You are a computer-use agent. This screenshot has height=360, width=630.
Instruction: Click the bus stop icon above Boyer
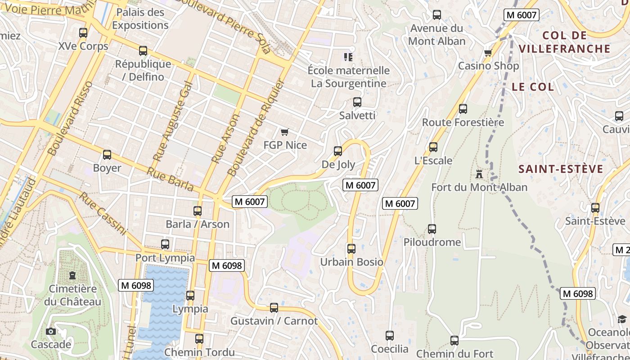coord(107,155)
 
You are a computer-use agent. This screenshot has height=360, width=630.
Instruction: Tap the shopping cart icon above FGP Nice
coord(284,132)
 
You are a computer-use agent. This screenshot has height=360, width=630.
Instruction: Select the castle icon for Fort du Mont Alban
coord(479,174)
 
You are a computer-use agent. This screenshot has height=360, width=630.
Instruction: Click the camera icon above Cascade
coord(51,332)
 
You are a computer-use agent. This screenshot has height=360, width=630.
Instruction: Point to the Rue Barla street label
coord(170,179)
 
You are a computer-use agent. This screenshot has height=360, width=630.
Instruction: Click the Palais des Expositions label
coord(140,19)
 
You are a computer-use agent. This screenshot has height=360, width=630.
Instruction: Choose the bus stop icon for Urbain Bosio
coord(351,248)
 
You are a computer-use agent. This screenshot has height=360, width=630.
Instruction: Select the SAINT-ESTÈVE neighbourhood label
coord(561,169)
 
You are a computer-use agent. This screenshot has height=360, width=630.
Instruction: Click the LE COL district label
coord(533,87)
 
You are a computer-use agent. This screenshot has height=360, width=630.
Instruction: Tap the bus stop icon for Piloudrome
coord(432,229)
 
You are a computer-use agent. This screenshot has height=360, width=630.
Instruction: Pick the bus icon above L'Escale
coord(433,147)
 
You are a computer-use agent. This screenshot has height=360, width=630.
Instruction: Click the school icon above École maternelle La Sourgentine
coord(348,57)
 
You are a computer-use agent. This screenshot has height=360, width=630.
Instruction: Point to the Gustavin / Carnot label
coord(274,321)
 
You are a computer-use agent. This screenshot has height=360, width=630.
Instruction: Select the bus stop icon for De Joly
coord(338,151)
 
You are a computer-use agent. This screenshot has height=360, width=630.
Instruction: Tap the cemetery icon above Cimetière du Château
coord(72,275)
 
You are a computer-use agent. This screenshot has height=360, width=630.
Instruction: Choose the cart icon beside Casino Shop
coord(488,53)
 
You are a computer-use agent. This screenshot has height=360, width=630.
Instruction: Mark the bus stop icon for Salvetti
coord(357,102)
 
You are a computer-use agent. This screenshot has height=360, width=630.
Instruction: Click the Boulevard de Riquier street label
coord(257,127)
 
